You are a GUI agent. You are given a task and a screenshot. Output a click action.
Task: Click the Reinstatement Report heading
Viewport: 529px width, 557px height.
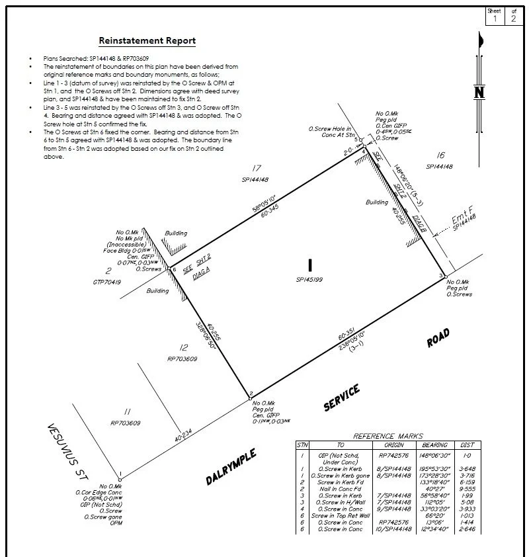tap(147, 40)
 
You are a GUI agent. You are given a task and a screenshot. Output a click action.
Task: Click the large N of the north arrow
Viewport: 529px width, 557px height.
tap(480, 93)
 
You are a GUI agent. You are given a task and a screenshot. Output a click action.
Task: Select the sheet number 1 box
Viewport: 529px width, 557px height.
tap(494, 19)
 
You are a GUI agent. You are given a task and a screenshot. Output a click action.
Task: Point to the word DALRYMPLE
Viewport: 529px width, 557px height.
tap(231, 468)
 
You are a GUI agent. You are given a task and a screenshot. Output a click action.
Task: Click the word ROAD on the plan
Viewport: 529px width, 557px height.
tap(438, 338)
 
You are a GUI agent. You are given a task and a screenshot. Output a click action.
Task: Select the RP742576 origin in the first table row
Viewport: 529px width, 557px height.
tap(395, 455)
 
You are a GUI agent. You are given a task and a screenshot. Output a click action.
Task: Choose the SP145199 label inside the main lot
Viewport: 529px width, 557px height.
tap(309, 280)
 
